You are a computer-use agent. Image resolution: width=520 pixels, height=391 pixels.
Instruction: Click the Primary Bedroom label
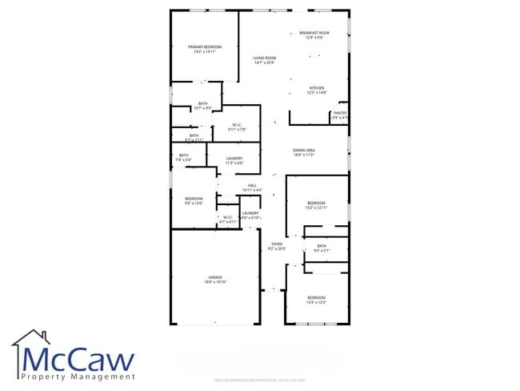pos(205,47)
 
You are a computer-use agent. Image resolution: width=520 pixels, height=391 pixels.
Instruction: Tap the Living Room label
pos(265,58)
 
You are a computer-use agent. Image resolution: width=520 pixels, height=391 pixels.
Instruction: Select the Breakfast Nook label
pos(314,33)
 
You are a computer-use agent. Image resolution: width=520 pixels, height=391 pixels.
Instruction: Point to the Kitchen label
pos(318,88)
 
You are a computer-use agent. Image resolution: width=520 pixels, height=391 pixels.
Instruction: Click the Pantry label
pos(340,114)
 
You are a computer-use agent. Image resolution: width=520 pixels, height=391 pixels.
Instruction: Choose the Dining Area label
pos(303,150)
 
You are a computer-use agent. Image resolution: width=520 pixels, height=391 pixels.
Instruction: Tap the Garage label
pos(215,277)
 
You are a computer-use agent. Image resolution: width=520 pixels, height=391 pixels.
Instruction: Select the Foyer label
pos(277,244)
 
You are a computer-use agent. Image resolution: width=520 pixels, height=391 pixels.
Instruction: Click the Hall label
pos(252,185)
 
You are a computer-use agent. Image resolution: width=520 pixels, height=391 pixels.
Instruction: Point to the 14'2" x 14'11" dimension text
pos(205,52)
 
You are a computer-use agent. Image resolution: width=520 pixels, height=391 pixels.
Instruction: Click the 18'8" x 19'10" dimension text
pos(215,282)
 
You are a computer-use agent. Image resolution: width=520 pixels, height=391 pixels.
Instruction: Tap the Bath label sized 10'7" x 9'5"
pos(203,103)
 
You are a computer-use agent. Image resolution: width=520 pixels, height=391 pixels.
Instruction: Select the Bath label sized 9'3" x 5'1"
pos(322,246)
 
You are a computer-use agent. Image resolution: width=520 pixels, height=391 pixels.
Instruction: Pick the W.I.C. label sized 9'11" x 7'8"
pos(238,124)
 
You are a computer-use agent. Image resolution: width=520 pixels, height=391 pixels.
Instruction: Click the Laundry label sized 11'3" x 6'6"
pos(234,159)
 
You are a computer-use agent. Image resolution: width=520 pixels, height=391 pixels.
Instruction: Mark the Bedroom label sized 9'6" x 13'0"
pos(194,199)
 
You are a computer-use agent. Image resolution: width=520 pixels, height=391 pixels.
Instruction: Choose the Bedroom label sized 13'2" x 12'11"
pos(317,203)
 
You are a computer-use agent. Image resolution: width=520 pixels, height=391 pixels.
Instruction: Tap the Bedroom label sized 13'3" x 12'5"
pos(317,297)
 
